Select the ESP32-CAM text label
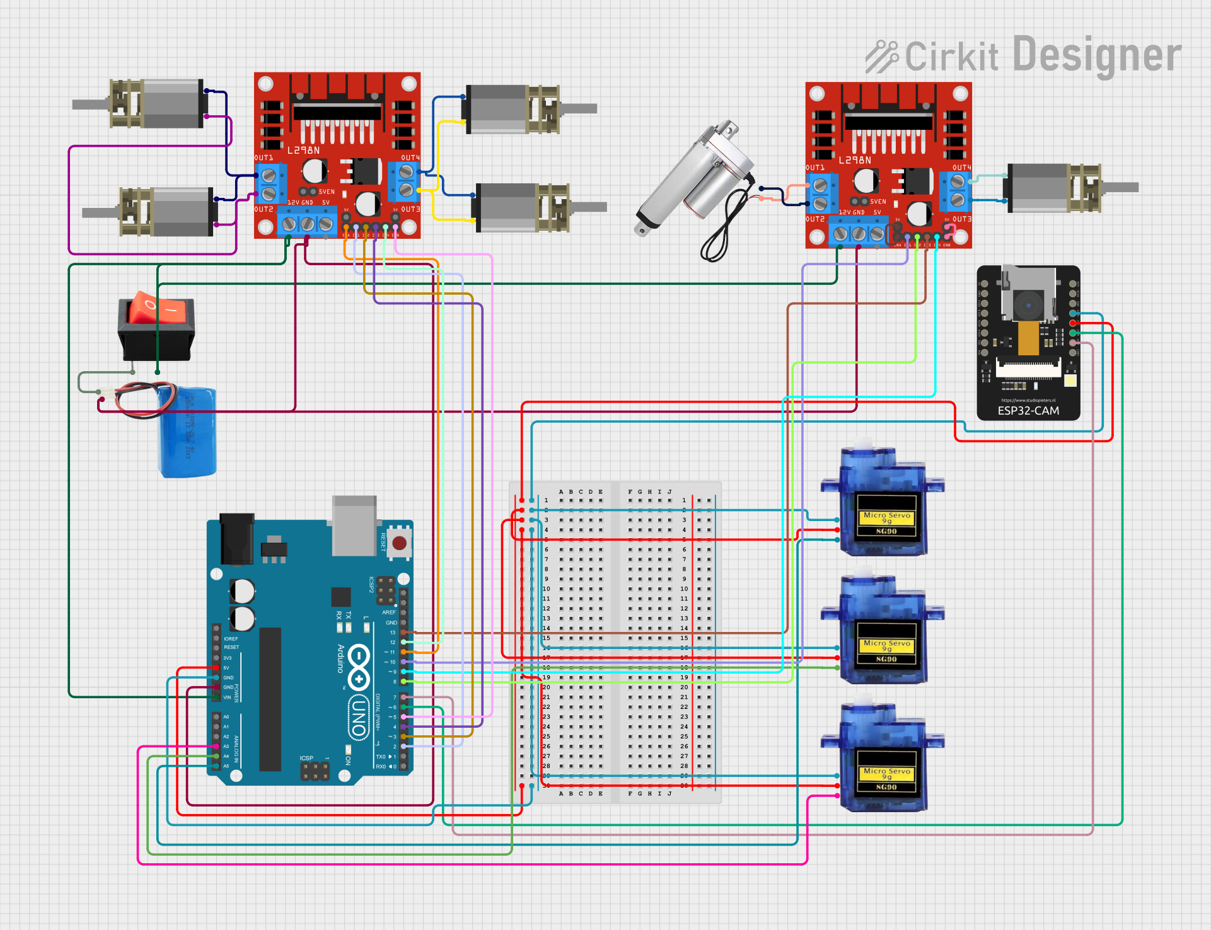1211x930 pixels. [1028, 411]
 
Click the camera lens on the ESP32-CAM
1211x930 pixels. [1028, 305]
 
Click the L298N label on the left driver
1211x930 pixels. [304, 151]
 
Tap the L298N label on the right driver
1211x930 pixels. [855, 161]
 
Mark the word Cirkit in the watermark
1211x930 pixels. [951, 57]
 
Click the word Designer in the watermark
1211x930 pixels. [1097, 55]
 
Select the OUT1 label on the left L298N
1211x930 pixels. [264, 158]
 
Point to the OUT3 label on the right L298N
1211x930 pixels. [962, 219]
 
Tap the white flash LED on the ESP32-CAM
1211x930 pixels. [1070, 381]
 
